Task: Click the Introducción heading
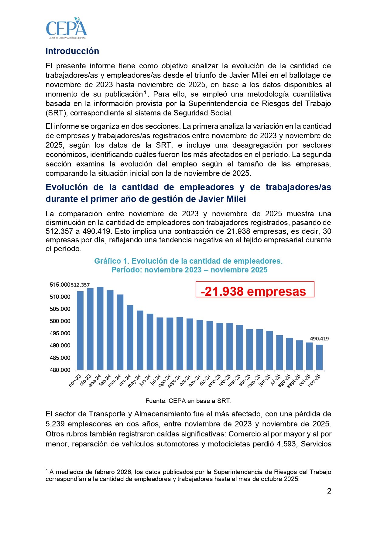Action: click(72, 51)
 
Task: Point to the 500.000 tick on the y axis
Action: click(60, 321)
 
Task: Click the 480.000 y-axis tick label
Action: click(60, 370)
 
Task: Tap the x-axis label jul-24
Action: click(156, 380)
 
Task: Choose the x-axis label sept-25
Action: click(294, 381)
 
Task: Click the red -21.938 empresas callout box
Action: click(255, 289)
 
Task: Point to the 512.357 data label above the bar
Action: click(80, 285)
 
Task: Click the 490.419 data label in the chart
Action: click(319, 339)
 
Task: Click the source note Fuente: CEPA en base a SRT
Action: click(188, 401)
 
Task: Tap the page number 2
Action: click(329, 491)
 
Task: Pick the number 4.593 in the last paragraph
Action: click(286, 444)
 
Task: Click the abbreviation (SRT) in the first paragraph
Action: click(55, 113)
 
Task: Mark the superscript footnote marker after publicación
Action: click(145, 92)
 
